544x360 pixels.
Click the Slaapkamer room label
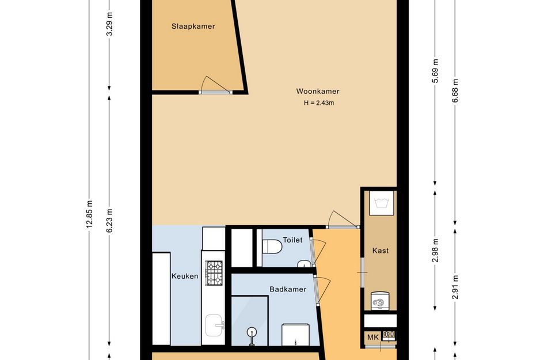click(193, 26)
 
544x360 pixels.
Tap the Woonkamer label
click(318, 92)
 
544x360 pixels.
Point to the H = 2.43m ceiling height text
click(319, 103)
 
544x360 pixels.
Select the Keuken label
click(185, 276)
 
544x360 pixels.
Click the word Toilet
click(292, 240)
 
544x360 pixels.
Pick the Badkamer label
click(288, 289)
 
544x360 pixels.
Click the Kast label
click(381, 251)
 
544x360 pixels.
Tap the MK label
click(373, 337)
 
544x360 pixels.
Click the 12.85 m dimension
click(89, 214)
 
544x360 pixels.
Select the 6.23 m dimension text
click(109, 221)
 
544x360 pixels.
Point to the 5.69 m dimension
click(435, 71)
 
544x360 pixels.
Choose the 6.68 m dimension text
click(455, 91)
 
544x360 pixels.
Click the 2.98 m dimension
click(435, 251)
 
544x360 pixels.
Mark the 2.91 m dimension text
click(455, 287)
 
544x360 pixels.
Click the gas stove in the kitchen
click(214, 273)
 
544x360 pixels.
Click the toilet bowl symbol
click(272, 246)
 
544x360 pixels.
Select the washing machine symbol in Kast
click(381, 300)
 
